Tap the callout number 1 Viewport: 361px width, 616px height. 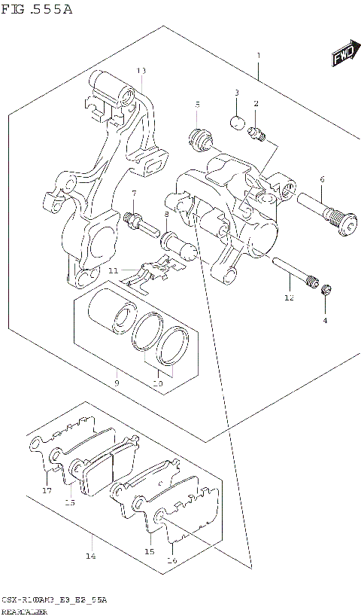click(258, 56)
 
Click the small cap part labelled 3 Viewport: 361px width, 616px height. click(237, 123)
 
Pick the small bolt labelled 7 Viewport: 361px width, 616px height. click(133, 221)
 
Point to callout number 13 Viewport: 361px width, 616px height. click(141, 71)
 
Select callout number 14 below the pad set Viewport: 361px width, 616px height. click(90, 557)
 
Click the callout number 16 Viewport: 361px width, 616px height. click(172, 560)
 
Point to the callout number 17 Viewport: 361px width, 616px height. click(47, 490)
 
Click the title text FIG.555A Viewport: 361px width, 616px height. click(36, 9)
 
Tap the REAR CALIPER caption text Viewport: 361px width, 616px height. click(25, 611)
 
